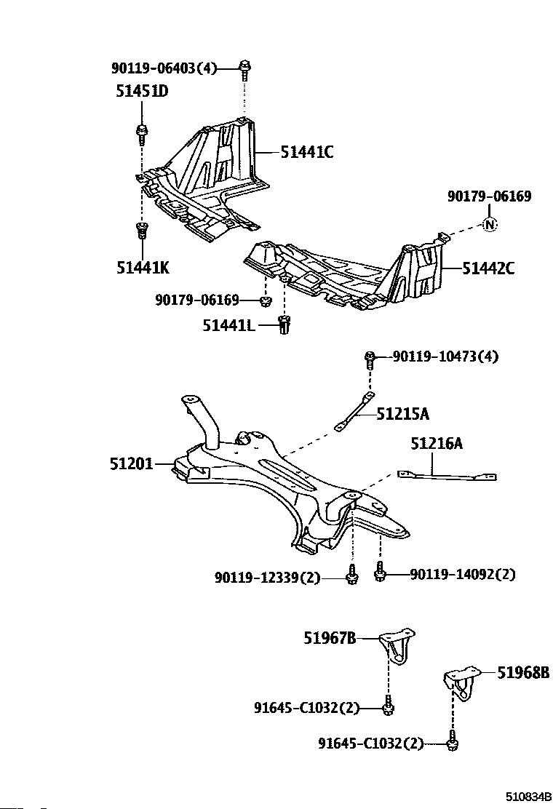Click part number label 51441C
click(306, 152)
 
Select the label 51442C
click(488, 268)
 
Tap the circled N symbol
click(490, 225)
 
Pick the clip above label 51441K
click(142, 231)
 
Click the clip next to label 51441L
click(285, 324)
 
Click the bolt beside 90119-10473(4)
click(370, 357)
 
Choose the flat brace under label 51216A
click(447, 476)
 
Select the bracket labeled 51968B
click(463, 681)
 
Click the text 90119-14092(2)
click(462, 574)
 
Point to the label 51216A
click(437, 443)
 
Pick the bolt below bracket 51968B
click(453, 742)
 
